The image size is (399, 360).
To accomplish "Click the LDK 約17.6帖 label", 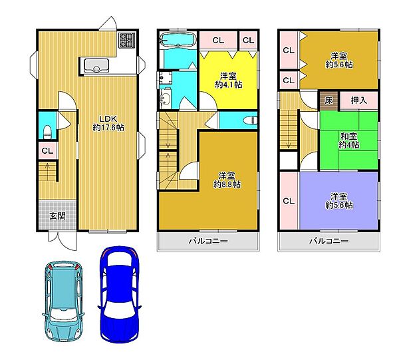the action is [x=108, y=123].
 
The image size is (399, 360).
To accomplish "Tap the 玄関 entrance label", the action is [x=57, y=216].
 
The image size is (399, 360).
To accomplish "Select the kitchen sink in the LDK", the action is [x=96, y=65].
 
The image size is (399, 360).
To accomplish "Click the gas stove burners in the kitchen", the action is [x=126, y=41].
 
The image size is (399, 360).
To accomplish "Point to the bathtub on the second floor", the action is [x=177, y=40].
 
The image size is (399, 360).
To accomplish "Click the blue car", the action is [x=119, y=294].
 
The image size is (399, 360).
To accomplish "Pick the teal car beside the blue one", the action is [x=63, y=301].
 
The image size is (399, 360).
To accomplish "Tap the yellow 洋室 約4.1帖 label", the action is [x=228, y=81].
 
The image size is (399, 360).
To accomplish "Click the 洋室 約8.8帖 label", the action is [x=227, y=180].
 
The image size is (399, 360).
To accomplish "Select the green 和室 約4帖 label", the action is [x=348, y=140].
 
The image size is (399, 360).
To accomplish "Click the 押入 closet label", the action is [x=359, y=100].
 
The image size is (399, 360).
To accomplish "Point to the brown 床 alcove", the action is [x=329, y=101].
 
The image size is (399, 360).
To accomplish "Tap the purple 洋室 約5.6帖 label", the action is [x=339, y=201].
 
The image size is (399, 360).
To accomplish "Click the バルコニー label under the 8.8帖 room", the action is [x=208, y=241].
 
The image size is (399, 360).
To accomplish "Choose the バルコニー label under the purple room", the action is [x=329, y=241].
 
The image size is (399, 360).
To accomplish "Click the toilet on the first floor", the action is [x=48, y=132].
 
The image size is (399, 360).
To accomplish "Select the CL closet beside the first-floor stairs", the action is [x=48, y=150].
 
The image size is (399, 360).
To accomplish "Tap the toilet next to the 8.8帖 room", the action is [x=250, y=120].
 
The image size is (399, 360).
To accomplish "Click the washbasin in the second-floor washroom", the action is [x=165, y=98].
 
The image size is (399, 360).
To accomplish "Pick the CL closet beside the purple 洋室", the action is [x=289, y=201].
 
